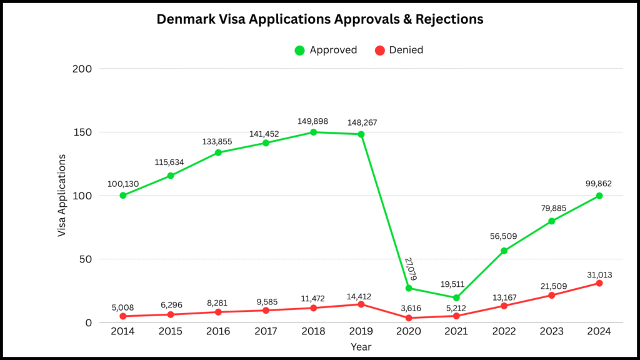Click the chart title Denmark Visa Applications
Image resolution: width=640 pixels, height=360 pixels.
(x=320, y=19)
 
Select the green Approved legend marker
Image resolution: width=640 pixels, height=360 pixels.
(x=299, y=50)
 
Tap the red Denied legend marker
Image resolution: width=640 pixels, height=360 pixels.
(x=379, y=50)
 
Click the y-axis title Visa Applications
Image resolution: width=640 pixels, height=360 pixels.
(x=62, y=196)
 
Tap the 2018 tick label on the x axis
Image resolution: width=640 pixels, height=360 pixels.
(x=313, y=331)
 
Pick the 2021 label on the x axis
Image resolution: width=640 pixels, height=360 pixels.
(x=456, y=331)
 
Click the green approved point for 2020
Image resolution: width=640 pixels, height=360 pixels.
(x=409, y=288)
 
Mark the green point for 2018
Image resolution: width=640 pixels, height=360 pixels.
(x=313, y=132)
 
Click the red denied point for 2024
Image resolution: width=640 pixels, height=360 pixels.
(x=599, y=283)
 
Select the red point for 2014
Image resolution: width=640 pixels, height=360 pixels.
(x=123, y=316)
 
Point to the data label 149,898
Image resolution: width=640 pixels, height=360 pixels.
(x=313, y=122)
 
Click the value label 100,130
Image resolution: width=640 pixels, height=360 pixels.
(x=122, y=184)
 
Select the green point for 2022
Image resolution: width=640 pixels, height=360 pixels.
(x=504, y=251)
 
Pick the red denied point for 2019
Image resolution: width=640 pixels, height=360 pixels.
(x=361, y=304)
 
